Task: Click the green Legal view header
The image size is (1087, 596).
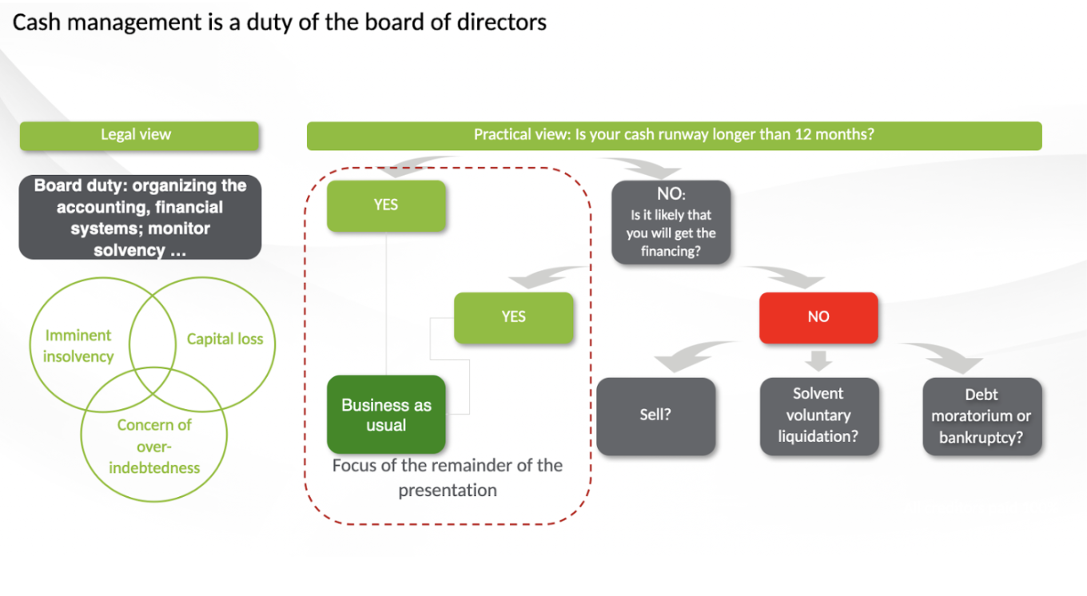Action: [139, 135]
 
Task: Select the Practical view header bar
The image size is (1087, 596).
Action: [674, 135]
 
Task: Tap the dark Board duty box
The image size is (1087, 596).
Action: [140, 217]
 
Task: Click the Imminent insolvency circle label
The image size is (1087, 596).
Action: [78, 346]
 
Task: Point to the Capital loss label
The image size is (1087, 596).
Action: [225, 339]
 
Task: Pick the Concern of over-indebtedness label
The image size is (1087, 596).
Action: [154, 446]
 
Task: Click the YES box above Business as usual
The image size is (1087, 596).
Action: [386, 205]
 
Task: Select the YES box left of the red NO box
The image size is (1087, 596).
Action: [513, 317]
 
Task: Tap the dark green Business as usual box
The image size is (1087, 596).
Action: [386, 415]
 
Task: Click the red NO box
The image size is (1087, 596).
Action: [818, 317]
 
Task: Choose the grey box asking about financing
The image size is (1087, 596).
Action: [671, 222]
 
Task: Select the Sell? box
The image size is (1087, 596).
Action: [655, 415]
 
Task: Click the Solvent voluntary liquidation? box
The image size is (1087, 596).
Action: [818, 415]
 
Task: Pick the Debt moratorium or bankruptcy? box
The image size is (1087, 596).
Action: [981, 416]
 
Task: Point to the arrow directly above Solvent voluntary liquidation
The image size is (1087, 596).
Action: [818, 360]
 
